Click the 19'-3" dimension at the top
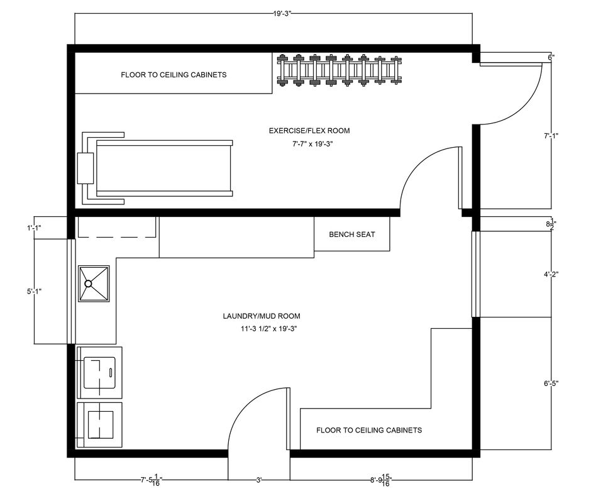tap(282, 14)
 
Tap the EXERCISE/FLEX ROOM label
tap(309, 131)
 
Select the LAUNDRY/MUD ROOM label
tap(262, 316)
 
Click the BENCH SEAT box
tap(352, 234)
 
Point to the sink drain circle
tap(88, 284)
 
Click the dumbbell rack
tap(340, 70)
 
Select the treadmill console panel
tap(85, 168)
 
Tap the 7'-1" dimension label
tap(551, 136)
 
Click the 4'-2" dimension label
tap(551, 274)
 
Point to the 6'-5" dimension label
tap(551, 383)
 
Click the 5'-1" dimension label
tap(35, 291)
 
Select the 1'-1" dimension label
tap(35, 228)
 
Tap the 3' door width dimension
tap(259, 480)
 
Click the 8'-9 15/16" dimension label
tap(381, 480)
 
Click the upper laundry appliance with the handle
tap(99, 373)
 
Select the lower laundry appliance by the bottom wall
tap(99, 425)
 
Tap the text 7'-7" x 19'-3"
tap(313, 143)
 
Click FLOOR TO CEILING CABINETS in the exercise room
tap(174, 75)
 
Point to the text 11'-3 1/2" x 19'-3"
tap(269, 329)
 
